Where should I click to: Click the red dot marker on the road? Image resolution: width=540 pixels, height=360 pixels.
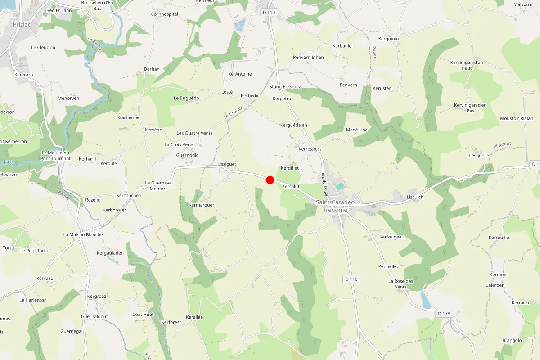(x=270, y=180)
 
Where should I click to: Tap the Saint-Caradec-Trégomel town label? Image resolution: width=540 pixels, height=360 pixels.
(x=336, y=206)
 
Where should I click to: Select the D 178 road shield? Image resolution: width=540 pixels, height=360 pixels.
(x=443, y=313)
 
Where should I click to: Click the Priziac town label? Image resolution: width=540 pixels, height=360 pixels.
(x=22, y=25)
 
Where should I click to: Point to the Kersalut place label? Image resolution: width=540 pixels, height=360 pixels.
(x=291, y=186)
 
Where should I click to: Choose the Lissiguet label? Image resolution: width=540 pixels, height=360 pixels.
(x=226, y=165)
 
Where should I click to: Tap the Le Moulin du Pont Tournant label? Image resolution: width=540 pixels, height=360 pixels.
(x=56, y=156)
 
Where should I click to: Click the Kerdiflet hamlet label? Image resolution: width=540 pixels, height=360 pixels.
(x=290, y=168)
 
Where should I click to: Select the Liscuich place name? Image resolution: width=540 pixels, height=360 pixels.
(x=415, y=197)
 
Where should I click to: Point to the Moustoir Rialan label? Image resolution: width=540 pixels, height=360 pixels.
(x=517, y=119)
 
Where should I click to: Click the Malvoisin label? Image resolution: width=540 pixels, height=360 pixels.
(x=523, y=4)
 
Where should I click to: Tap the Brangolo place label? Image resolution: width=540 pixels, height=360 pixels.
(x=512, y=341)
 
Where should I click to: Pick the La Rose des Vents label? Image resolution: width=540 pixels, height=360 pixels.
(x=400, y=284)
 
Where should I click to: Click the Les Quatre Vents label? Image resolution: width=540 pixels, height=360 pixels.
(x=194, y=133)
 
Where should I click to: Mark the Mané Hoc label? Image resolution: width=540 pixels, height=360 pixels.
(x=357, y=130)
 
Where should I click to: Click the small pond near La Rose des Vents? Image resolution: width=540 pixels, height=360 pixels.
(x=425, y=299)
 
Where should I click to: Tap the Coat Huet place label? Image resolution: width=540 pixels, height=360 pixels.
(x=143, y=315)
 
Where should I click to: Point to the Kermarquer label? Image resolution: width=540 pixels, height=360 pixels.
(x=202, y=205)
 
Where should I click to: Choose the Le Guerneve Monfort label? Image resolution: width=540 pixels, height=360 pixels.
(x=156, y=186)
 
